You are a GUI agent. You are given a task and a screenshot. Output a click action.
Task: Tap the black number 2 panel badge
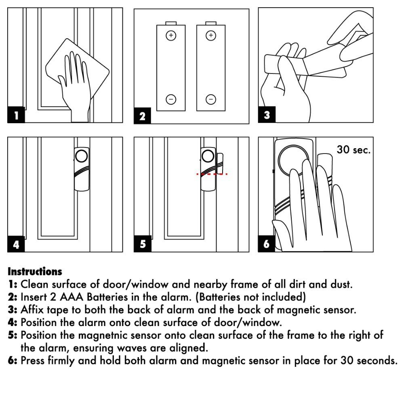142,117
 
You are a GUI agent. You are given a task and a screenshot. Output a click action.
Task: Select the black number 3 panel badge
267,116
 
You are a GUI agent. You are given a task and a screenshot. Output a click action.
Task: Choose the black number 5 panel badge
142,245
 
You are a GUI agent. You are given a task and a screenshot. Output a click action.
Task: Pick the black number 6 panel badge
267,245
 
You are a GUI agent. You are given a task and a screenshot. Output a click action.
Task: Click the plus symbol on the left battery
171,36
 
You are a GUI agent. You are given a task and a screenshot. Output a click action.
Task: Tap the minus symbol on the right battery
210,99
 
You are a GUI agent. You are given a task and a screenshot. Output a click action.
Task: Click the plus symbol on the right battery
210,36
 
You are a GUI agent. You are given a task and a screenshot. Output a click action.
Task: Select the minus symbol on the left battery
171,99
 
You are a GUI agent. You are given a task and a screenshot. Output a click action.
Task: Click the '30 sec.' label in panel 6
353,150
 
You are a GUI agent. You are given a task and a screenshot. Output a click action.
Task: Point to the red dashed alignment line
212,174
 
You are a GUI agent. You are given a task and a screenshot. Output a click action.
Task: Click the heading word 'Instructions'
35,271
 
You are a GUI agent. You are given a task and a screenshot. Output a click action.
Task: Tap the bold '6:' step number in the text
13,360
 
